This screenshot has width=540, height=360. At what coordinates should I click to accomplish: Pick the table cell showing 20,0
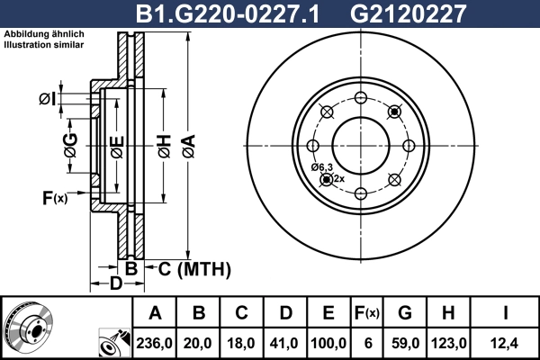199,341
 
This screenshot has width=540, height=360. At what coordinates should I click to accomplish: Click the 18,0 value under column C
242,341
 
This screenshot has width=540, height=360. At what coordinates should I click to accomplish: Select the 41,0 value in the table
285,341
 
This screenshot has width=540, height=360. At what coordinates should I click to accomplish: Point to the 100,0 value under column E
328,341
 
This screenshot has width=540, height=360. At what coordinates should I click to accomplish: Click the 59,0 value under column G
405,341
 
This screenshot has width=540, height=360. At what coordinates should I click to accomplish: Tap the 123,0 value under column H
449,341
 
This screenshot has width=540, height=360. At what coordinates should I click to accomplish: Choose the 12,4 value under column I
506,341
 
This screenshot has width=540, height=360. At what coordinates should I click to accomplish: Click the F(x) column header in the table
367,313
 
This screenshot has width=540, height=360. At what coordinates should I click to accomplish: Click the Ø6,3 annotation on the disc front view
322,167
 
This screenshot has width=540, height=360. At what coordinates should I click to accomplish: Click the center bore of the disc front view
360,145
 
